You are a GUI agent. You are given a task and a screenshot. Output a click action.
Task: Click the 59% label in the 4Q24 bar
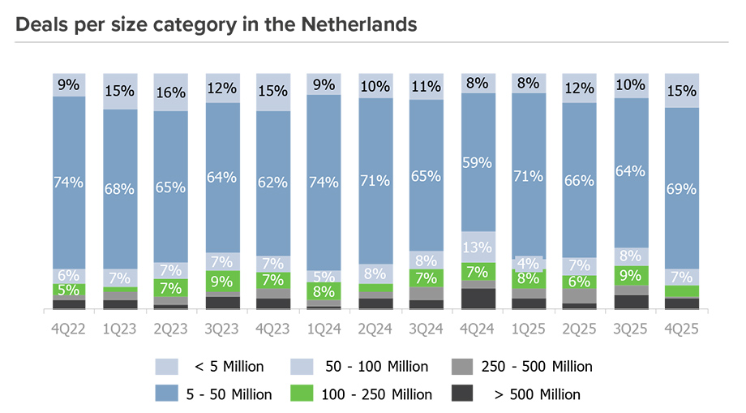point(478,162)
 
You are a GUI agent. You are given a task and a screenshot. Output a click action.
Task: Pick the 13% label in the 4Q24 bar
point(478,247)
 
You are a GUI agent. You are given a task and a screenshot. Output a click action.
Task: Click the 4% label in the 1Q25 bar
point(529,264)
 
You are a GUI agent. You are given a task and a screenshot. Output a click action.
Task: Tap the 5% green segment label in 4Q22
point(69,290)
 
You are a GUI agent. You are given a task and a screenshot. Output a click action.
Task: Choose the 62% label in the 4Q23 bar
point(273,183)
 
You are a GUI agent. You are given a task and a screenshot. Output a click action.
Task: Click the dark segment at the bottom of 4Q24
point(478,299)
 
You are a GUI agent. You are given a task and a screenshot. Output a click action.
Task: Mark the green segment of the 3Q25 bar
point(631,275)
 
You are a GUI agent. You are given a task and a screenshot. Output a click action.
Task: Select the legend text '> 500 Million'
point(537,394)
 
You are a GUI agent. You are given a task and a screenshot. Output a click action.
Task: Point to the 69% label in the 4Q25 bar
point(681,188)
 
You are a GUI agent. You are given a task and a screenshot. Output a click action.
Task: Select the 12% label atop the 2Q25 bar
point(580,87)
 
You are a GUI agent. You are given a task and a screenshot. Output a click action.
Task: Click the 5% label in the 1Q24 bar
point(324,275)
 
